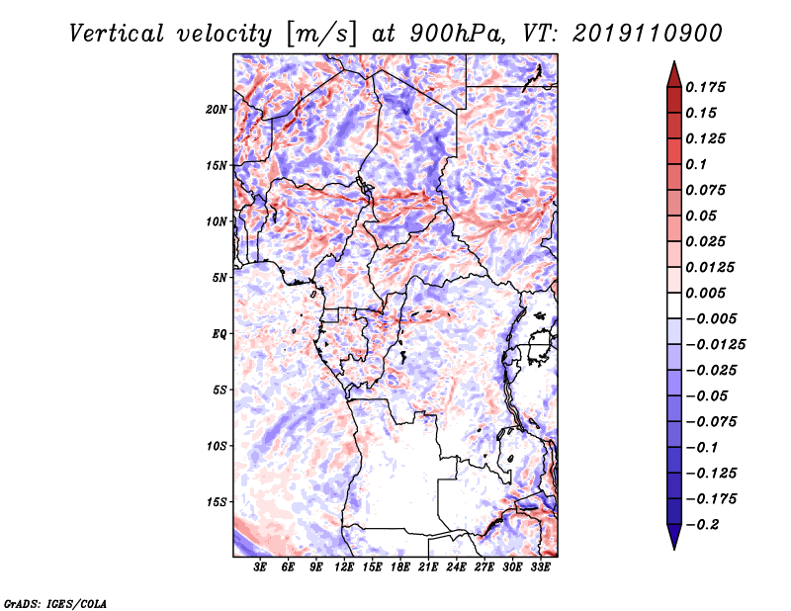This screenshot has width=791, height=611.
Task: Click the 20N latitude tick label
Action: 217,110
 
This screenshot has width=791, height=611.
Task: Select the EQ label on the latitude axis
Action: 220,334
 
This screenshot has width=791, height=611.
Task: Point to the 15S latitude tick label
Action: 217,502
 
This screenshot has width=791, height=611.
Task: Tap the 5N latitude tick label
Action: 220,278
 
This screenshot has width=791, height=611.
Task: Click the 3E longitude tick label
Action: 260,567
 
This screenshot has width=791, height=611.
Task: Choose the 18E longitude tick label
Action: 400,567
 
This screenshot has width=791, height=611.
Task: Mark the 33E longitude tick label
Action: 540,567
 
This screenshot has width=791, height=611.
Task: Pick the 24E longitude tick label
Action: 456,567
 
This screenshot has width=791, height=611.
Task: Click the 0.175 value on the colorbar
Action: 705,87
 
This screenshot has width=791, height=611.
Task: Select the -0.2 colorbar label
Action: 702,525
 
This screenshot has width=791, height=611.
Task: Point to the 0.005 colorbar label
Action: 705,293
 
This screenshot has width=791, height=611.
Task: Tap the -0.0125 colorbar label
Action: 715,345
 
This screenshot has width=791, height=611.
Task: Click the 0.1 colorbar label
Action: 696,164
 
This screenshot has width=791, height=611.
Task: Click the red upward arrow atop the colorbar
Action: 674,75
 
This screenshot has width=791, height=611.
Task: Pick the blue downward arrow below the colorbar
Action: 674,537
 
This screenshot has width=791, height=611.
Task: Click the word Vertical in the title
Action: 117,34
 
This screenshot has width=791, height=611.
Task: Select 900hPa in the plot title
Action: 457,34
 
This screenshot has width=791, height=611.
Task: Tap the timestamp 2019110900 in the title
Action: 648,34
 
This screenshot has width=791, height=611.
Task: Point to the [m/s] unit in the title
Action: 321,35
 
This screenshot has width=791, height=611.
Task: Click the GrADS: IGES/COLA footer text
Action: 55,603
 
